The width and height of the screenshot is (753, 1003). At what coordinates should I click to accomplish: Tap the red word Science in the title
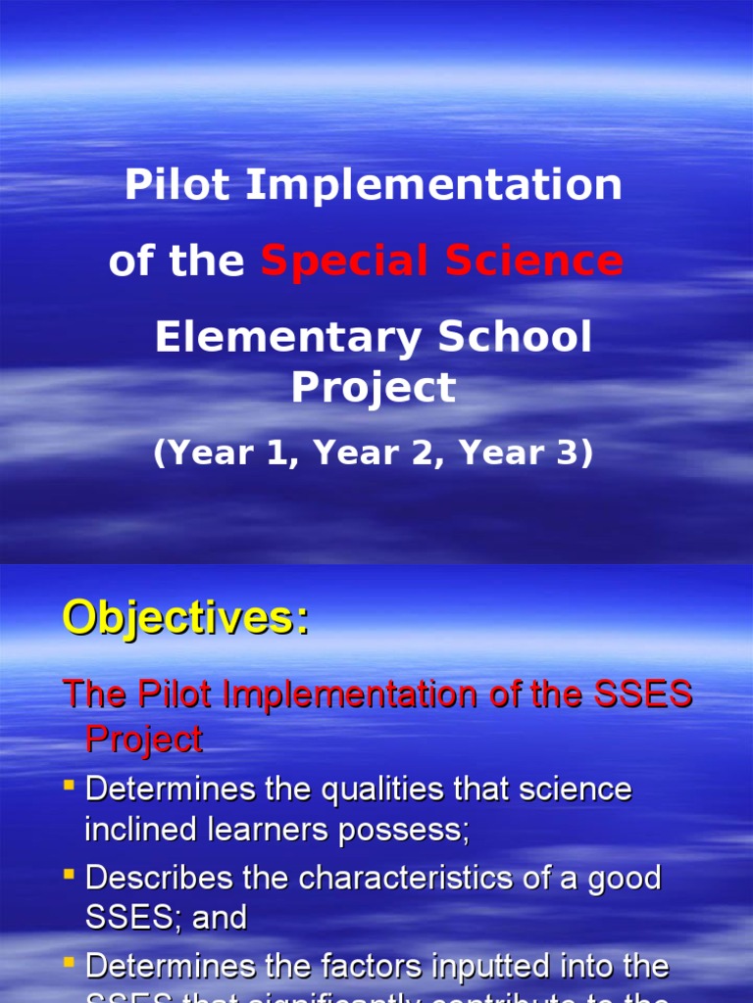(x=533, y=262)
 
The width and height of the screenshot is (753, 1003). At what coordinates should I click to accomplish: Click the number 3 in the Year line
(x=574, y=454)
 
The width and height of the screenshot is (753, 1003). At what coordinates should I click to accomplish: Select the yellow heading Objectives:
(x=185, y=618)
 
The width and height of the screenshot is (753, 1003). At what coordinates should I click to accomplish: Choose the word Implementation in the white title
(x=433, y=185)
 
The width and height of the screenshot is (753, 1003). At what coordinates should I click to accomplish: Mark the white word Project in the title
(x=373, y=388)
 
